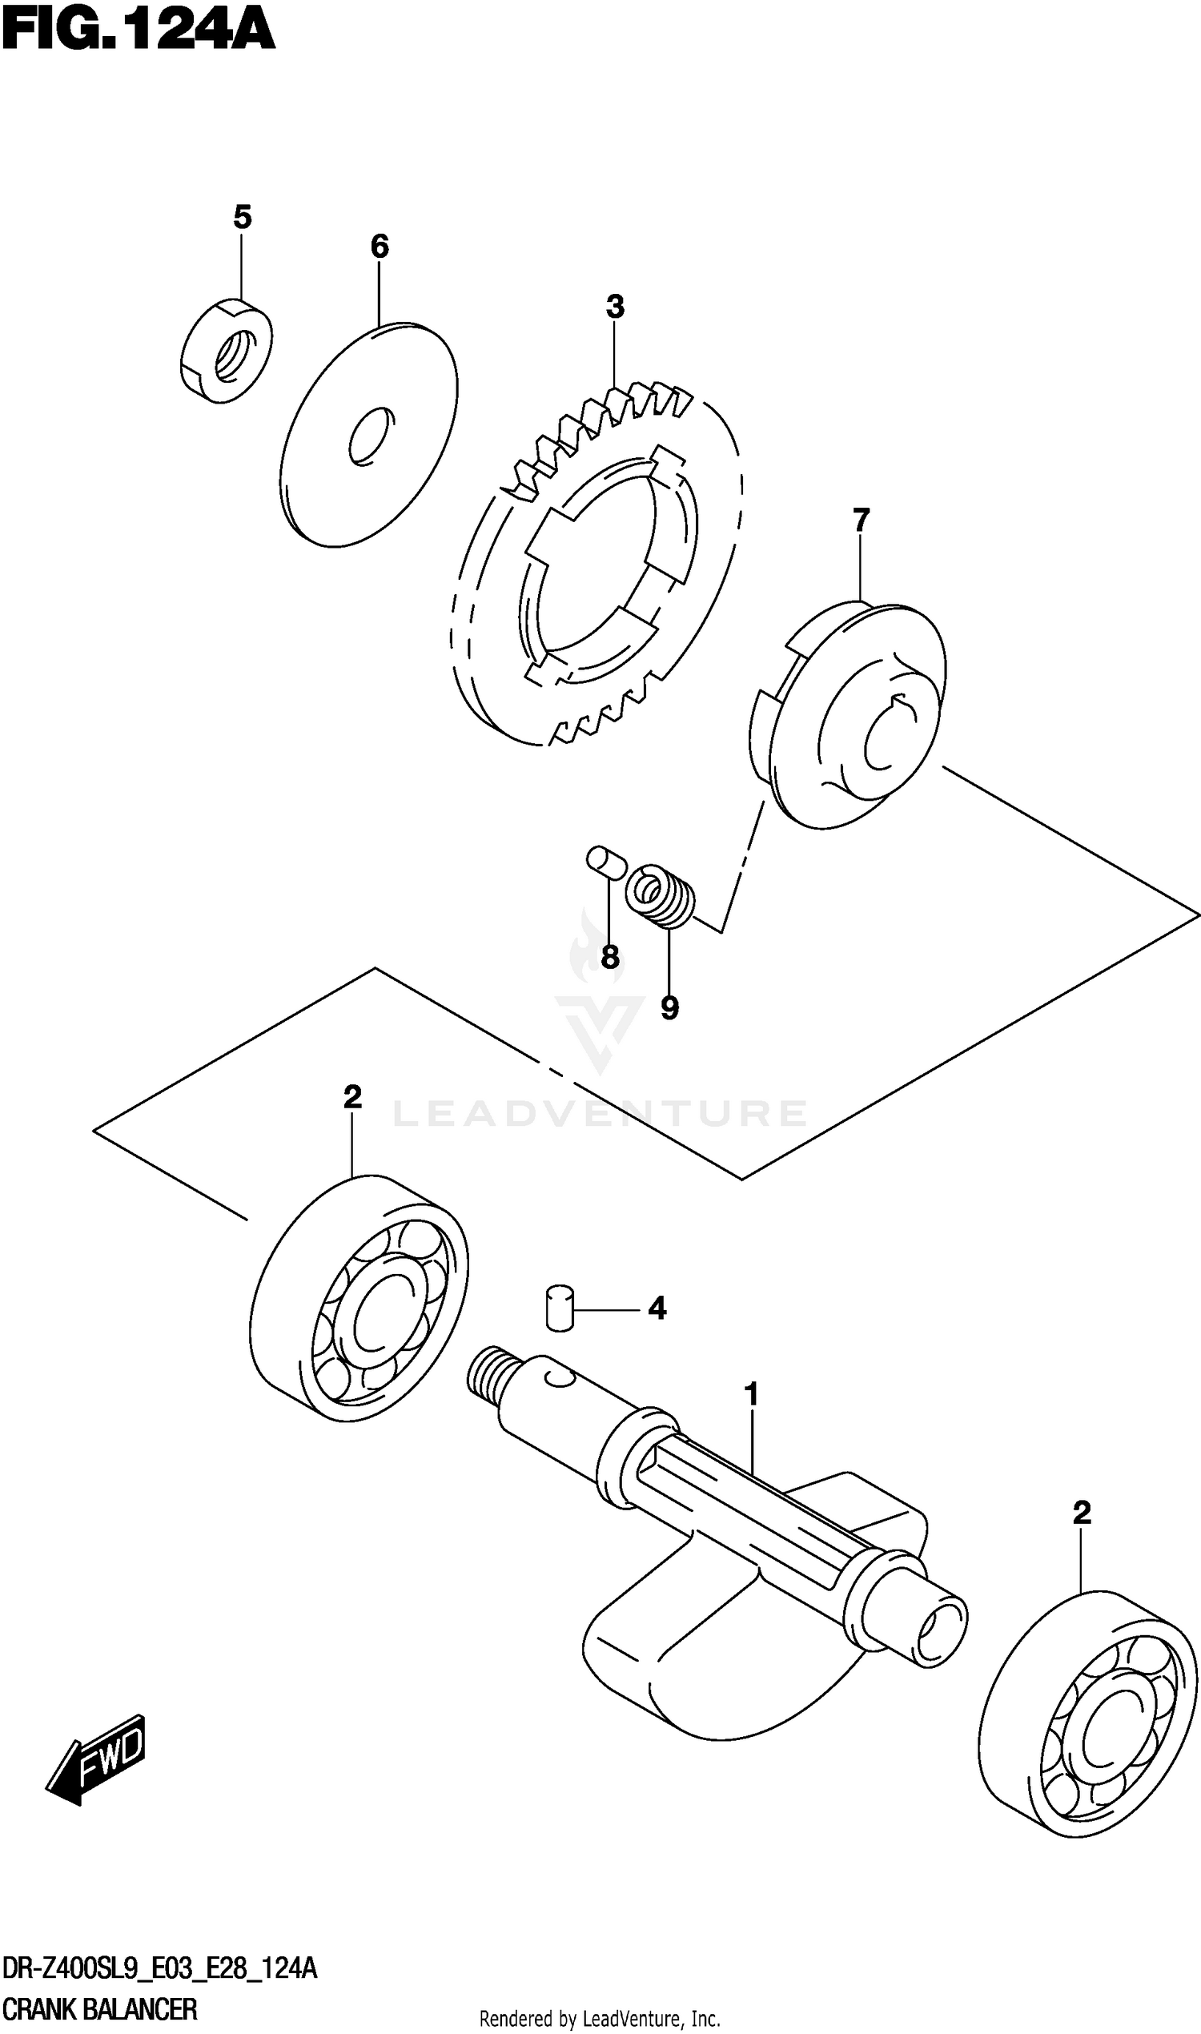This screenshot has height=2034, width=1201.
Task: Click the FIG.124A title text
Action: [138, 30]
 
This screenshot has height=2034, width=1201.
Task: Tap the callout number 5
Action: [242, 217]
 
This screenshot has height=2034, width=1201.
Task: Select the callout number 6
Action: [380, 246]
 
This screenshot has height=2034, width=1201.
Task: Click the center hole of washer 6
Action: [372, 436]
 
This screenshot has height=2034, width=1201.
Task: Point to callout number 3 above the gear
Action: [615, 307]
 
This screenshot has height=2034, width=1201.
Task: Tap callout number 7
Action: [860, 520]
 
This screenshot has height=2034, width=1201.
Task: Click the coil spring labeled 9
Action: [661, 896]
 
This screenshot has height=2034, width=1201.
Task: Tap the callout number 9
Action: [669, 1007]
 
